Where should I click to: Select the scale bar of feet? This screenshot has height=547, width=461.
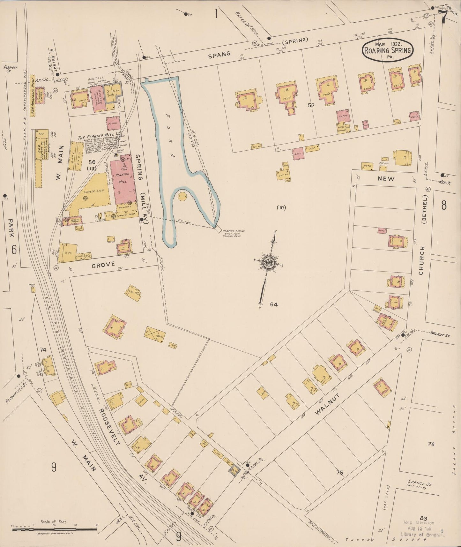pyautogui.click(x=54, y=529)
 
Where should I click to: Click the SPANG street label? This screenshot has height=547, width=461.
pyautogui.click(x=219, y=55)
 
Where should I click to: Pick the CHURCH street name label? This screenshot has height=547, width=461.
pyautogui.click(x=421, y=261)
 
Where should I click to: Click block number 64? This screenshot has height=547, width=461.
pyautogui.click(x=273, y=304)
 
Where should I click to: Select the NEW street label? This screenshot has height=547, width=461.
pyautogui.click(x=386, y=179)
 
